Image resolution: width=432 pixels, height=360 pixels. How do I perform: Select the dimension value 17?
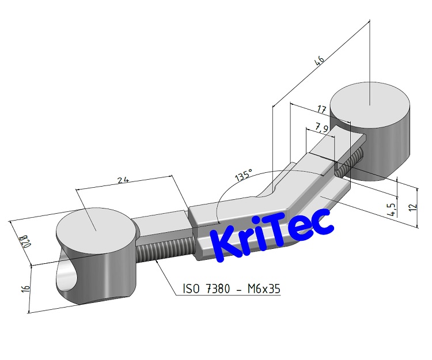[x=321, y=109]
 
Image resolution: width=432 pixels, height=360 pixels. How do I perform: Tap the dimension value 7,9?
[x=321, y=128]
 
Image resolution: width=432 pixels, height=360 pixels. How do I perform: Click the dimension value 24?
[x=122, y=180]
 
